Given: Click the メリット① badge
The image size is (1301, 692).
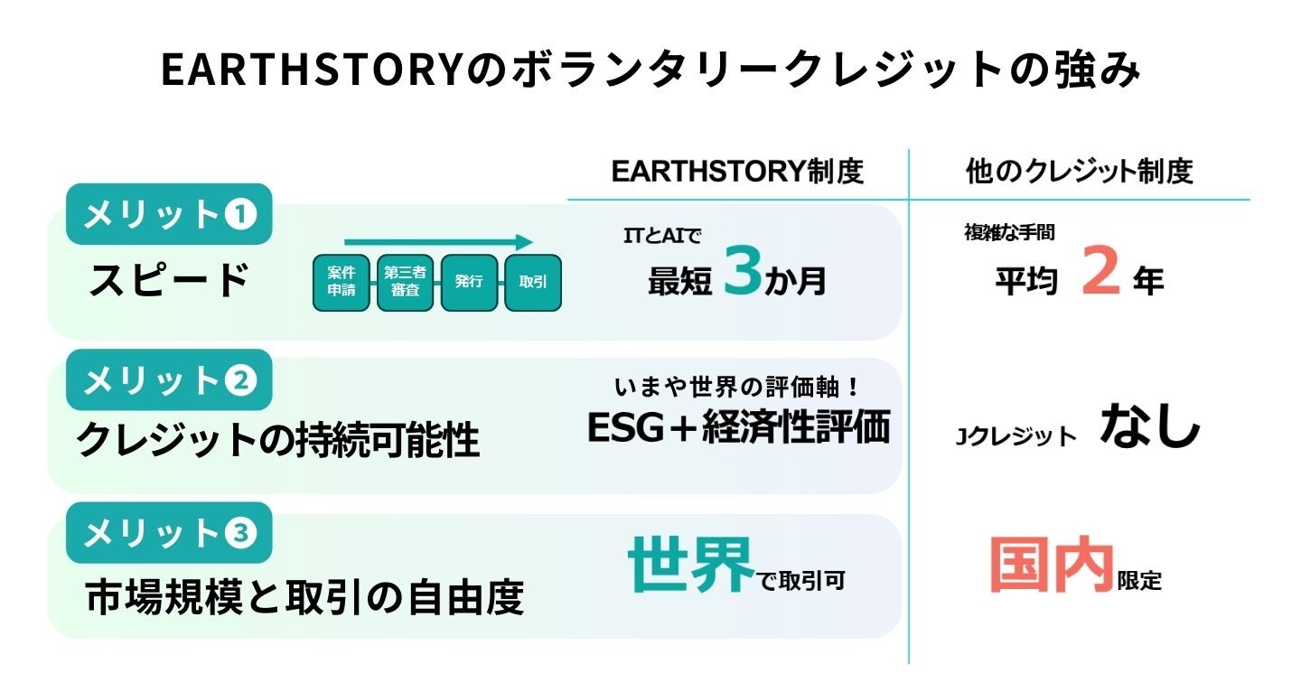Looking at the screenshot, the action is pyautogui.click(x=169, y=214).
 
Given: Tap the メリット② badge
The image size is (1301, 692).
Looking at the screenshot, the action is pyautogui.click(x=169, y=380).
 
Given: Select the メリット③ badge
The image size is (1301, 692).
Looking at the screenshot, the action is pyautogui.click(x=169, y=533).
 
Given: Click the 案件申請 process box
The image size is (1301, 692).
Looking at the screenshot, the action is pyautogui.click(x=341, y=282).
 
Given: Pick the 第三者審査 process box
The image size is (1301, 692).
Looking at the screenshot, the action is pyautogui.click(x=406, y=282).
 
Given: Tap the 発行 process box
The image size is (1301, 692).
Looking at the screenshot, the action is pyautogui.click(x=469, y=282).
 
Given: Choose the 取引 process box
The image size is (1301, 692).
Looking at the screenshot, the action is pyautogui.click(x=533, y=282).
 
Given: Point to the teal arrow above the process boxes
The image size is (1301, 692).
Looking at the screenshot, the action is pyautogui.click(x=438, y=242).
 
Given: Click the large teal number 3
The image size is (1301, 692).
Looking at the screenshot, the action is pyautogui.click(x=743, y=270).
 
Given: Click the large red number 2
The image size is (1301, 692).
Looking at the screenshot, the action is pyautogui.click(x=1100, y=270).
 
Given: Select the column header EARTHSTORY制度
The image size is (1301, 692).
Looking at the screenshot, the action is pyautogui.click(x=737, y=172).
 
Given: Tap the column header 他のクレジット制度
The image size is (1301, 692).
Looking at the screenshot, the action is pyautogui.click(x=1079, y=172).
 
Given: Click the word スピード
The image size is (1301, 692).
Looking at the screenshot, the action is pyautogui.click(x=169, y=280).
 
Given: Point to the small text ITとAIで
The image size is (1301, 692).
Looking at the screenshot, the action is pyautogui.click(x=663, y=236).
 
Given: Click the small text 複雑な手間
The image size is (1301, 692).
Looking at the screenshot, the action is pyautogui.click(x=1009, y=233).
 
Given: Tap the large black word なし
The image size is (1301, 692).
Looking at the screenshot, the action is pyautogui.click(x=1149, y=426).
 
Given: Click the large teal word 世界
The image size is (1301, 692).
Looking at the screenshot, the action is pyautogui.click(x=691, y=565).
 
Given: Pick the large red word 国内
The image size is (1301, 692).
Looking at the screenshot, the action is pyautogui.click(x=1052, y=565).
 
